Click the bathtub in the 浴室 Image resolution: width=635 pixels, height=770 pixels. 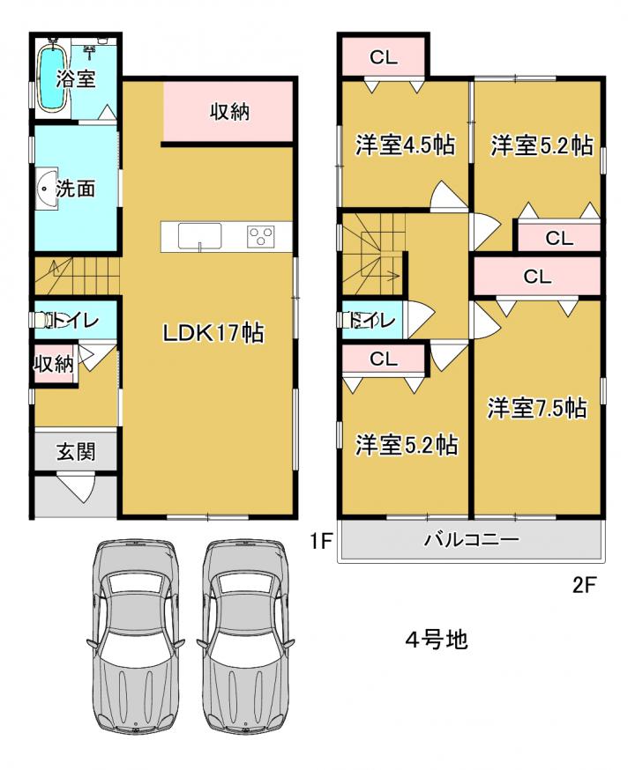tap(52, 78)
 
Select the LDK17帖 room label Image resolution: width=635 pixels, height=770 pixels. tap(213, 333)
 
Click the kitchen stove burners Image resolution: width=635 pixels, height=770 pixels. tap(261, 237)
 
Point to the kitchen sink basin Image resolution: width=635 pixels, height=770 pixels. tap(199, 236)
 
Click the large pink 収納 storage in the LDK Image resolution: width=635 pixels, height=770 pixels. tap(228, 112)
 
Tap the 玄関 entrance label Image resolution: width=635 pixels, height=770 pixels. tap(76, 451)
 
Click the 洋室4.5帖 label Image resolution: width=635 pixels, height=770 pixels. tap(405, 144)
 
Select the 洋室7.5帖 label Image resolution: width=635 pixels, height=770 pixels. tap(537, 408)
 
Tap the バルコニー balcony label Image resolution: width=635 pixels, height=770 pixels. tap(472, 540)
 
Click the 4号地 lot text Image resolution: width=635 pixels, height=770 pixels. tap(437, 640)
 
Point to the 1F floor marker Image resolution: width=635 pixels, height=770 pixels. tap(321, 542)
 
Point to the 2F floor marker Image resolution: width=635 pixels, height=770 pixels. tap(585, 584)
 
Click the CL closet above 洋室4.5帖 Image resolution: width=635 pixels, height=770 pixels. tap(384, 57)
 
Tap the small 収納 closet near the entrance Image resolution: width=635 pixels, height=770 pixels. tap(54, 364)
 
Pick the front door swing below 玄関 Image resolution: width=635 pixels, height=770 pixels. tap(76, 487)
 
